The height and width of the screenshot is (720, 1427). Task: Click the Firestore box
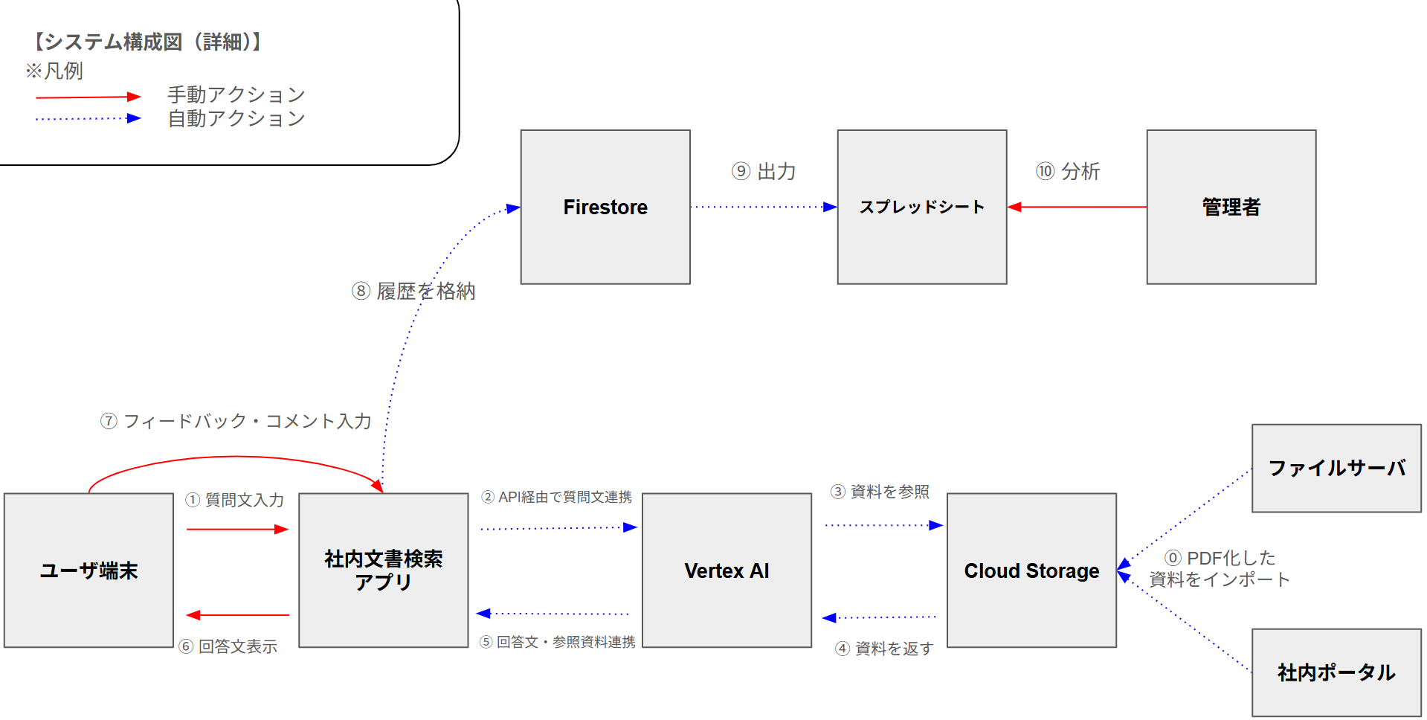[x=605, y=207]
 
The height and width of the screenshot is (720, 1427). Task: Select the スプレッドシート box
[x=921, y=207]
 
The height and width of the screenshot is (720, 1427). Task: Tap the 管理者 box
[x=1231, y=207]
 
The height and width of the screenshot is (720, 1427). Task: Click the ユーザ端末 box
[x=88, y=570]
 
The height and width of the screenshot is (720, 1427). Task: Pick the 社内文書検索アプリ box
[x=383, y=570]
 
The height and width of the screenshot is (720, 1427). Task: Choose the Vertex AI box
[x=727, y=570]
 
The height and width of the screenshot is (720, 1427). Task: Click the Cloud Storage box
[x=1031, y=570]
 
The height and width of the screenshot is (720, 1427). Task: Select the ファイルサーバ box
[x=1336, y=468]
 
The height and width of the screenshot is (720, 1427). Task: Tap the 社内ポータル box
[x=1336, y=672]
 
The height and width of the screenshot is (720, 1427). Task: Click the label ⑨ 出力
[x=764, y=172]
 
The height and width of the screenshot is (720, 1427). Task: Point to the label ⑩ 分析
[x=1068, y=172]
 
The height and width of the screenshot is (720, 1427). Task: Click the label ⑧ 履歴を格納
[x=413, y=291]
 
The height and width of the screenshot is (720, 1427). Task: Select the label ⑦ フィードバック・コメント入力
[x=236, y=421]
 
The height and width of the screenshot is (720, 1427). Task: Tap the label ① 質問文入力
[x=235, y=500]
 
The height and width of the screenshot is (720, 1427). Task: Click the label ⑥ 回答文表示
[x=228, y=646]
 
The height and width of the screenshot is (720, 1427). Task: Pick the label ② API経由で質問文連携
[x=556, y=497]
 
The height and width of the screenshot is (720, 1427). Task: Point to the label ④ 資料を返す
[x=884, y=649]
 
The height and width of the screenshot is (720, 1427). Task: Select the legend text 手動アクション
[x=236, y=94]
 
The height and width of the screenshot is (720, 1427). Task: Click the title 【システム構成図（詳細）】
[x=147, y=42]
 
